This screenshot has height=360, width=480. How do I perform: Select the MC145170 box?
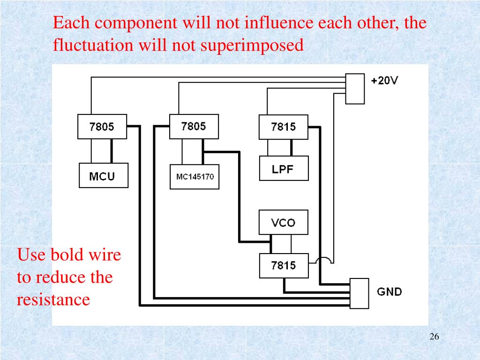194,177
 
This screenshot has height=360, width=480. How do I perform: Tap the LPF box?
283,169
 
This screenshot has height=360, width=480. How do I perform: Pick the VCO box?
283,222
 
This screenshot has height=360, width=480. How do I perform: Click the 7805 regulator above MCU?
102,127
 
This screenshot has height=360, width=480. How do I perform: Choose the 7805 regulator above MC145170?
193,126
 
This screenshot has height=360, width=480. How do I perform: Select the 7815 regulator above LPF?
283,127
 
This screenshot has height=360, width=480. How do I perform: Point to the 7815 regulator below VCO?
283,265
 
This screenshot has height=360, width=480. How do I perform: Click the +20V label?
384,81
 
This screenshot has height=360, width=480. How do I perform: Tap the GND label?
390,292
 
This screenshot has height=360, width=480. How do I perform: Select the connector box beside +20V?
354,88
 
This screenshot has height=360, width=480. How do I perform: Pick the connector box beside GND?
360,293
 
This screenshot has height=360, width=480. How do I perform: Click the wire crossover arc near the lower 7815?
324,261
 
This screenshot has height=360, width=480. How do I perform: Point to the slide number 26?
434,337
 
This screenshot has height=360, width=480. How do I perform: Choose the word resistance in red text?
53,299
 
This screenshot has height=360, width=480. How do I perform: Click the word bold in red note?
67,255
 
